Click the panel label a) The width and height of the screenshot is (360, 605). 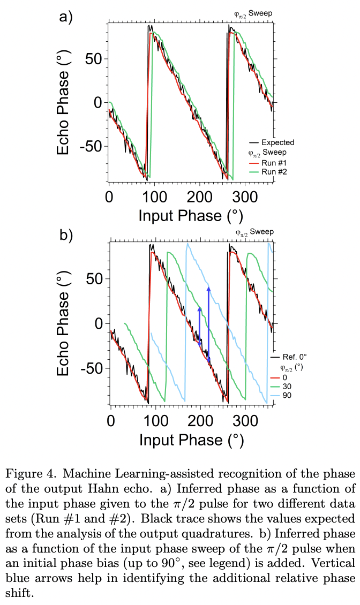(65, 17)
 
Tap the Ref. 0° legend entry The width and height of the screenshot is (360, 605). (289, 356)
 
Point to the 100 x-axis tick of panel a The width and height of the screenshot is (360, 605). (155, 196)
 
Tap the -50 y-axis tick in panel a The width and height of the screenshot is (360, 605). (91, 146)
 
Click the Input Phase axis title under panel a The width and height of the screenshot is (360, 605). (191, 215)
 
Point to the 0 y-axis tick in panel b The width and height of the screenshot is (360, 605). (97, 324)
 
